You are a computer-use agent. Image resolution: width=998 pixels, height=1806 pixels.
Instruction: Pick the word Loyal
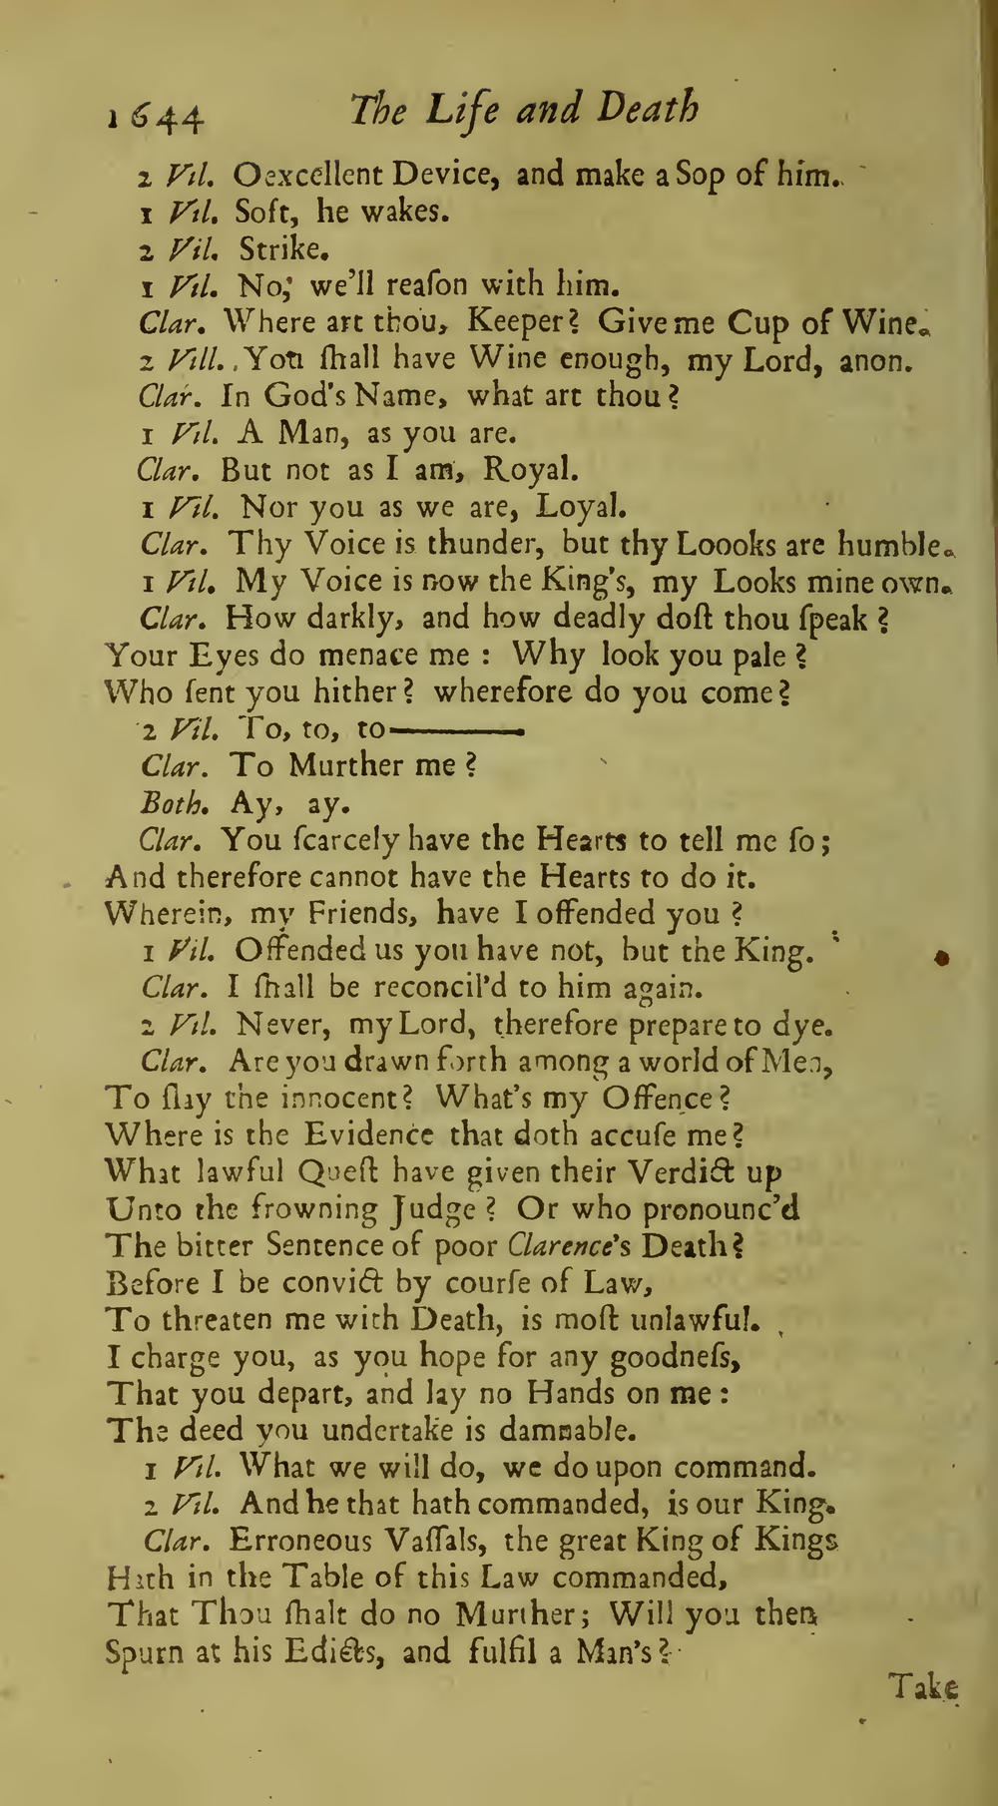(x=581, y=507)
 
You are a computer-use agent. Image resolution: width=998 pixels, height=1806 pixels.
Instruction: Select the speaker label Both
(x=174, y=802)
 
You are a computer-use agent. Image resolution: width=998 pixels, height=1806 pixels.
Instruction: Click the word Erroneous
(x=306, y=1542)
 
